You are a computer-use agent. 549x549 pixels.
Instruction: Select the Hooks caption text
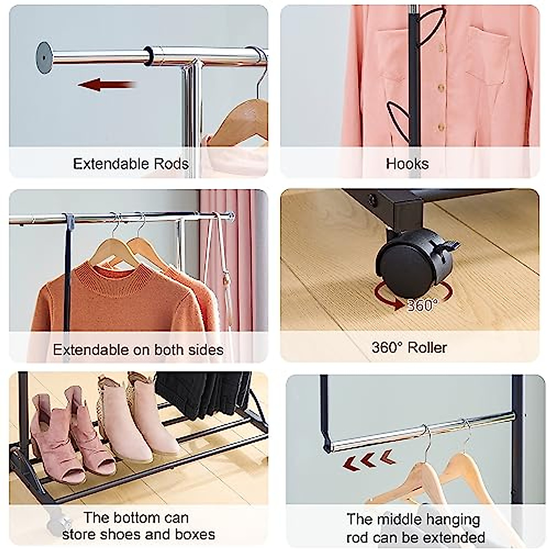pos(407,164)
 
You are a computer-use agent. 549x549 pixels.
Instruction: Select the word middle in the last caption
pos(402,520)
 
